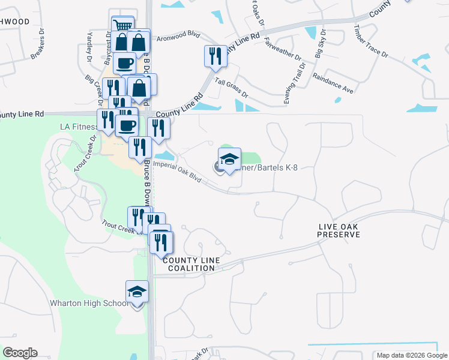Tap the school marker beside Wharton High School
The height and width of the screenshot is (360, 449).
pyautogui.click(x=137, y=293)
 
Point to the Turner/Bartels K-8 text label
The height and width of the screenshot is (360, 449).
pyautogui.click(x=267, y=167)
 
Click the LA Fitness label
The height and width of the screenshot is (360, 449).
pyautogui.click(x=78, y=127)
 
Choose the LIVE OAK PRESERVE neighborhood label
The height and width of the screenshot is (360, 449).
pyautogui.click(x=339, y=230)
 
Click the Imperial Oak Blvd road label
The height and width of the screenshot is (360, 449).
pyautogui.click(x=178, y=170)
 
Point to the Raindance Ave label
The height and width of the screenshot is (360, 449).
pyautogui.click(x=333, y=85)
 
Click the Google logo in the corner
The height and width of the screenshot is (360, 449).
pyautogui.click(x=20, y=352)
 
